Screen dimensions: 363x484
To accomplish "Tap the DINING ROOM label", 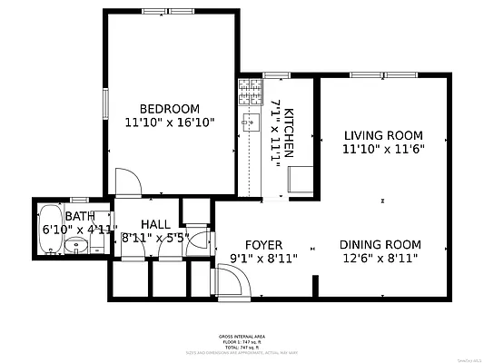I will (x=380, y=244).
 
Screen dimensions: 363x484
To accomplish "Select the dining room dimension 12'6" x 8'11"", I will (x=380, y=259).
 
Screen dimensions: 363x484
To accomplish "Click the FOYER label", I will (x=264, y=245).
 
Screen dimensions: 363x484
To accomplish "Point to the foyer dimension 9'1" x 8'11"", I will (x=264, y=260).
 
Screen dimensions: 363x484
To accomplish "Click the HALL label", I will (x=154, y=224).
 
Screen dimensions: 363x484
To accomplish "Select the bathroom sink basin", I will (x=76, y=246).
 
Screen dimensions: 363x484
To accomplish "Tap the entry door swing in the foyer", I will (x=233, y=282).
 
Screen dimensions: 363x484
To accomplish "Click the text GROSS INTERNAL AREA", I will (x=242, y=336).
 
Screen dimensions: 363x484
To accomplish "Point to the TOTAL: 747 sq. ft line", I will (x=242, y=348).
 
